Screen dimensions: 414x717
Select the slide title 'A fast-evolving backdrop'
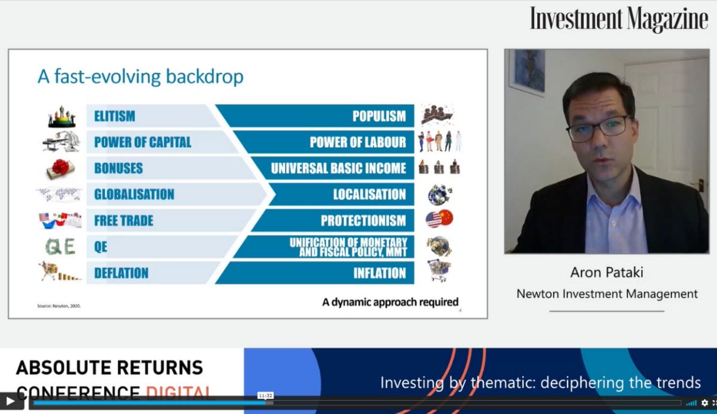pos(140,77)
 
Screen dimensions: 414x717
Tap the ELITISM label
pos(115,116)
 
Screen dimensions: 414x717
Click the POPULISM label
pos(379,116)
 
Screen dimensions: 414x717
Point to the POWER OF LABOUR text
pos(357,142)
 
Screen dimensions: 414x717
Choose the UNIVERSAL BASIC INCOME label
pos(338,169)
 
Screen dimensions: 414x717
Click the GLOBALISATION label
pos(134,194)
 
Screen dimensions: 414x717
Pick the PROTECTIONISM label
pos(363,221)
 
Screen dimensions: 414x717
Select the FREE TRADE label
pos(124,221)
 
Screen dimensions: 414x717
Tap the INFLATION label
pos(379,273)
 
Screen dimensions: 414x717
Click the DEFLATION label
pos(121,273)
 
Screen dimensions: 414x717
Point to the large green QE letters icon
pos(60,246)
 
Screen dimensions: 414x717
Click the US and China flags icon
pos(439,219)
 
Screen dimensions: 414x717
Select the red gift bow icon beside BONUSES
pos(60,169)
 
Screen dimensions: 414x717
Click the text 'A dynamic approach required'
pos(390,302)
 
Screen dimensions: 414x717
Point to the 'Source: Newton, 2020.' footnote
pos(59,306)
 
